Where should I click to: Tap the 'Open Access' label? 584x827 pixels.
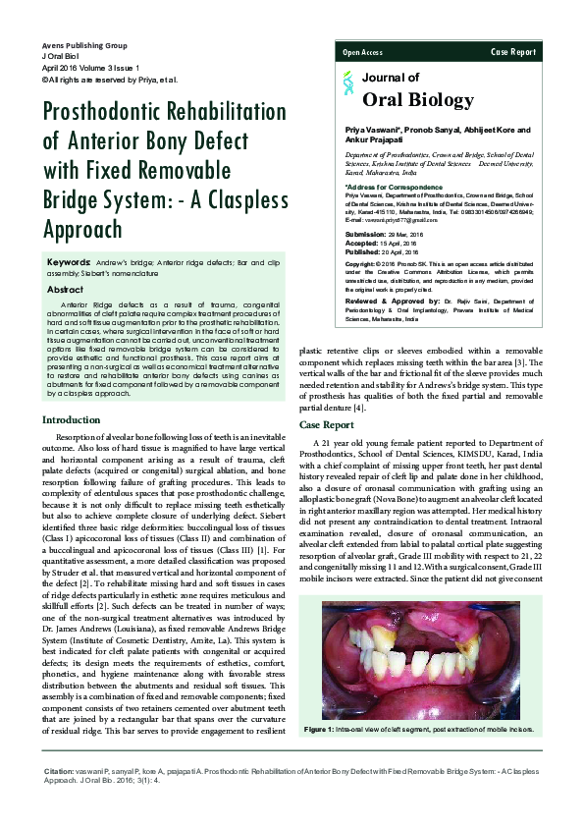tap(362, 51)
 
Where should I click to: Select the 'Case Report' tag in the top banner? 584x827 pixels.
tap(513, 51)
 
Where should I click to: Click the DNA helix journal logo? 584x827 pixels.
tap(347, 86)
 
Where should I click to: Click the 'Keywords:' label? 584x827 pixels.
tap(70, 264)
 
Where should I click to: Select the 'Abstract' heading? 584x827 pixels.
tap(65, 290)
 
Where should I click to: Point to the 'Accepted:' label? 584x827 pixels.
tap(362, 245)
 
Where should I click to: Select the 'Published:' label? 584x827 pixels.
tap(363, 252)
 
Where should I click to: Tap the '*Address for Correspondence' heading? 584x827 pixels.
tap(388, 187)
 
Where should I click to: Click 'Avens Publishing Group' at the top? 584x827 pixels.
tap(84, 46)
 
